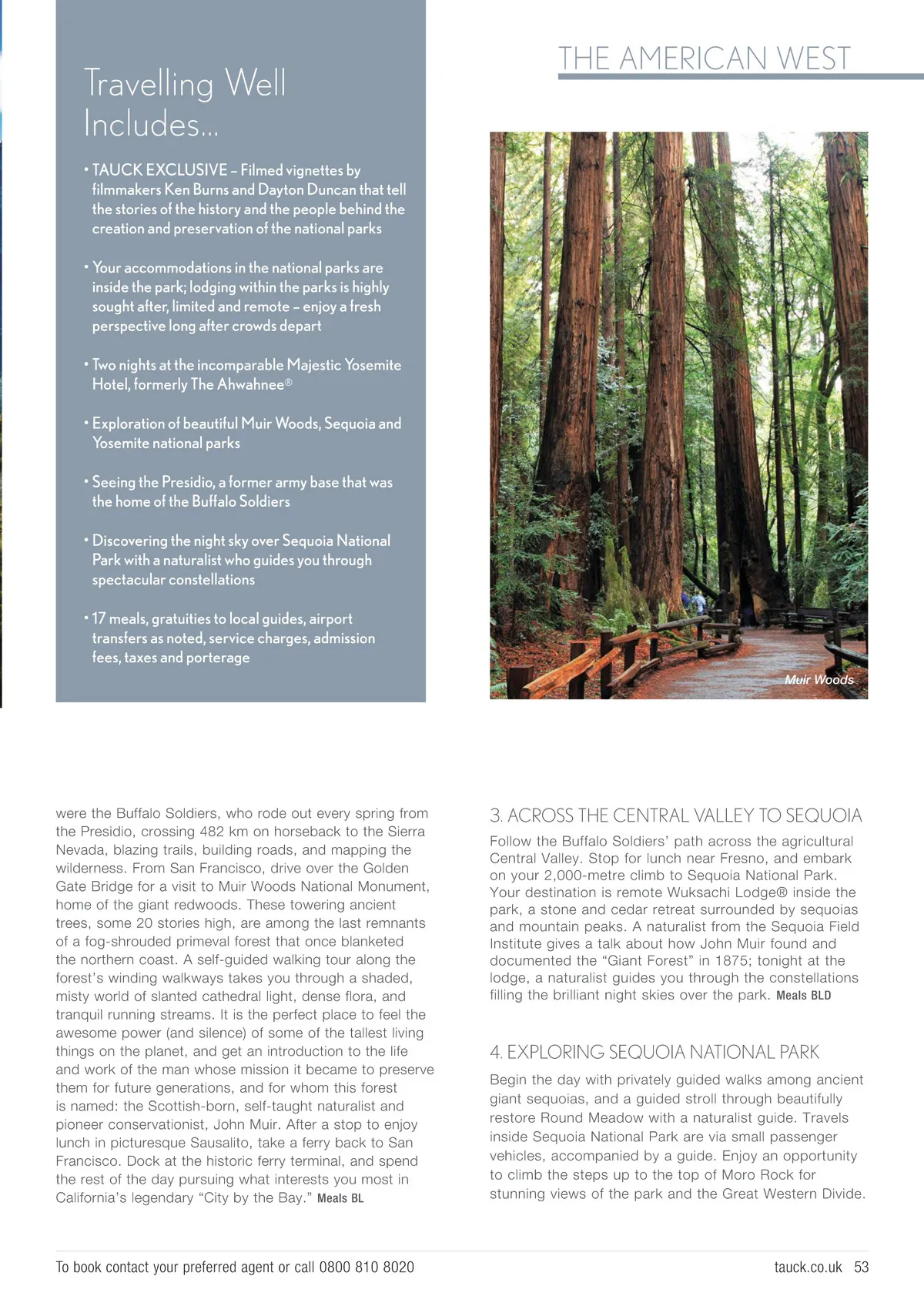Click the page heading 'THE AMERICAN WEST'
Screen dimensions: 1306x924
(704, 59)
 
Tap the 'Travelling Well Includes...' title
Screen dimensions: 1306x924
(185, 103)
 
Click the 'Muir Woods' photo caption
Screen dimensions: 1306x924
(819, 680)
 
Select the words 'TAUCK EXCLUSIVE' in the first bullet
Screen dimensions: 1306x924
(159, 170)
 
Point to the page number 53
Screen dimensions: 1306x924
(861, 1267)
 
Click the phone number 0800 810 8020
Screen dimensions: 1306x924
(367, 1267)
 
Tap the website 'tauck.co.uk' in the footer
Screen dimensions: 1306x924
(808, 1267)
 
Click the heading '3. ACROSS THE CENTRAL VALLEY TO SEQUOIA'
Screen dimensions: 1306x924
(675, 815)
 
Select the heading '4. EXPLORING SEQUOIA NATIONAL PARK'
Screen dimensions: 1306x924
(654, 1052)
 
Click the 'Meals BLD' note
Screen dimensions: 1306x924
(803, 996)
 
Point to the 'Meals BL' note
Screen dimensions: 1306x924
(340, 1198)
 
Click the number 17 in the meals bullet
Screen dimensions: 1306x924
(99, 619)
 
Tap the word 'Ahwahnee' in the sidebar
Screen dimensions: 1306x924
(250, 384)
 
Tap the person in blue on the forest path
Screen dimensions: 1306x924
(698, 601)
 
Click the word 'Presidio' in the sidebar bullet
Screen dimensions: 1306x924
(189, 482)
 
